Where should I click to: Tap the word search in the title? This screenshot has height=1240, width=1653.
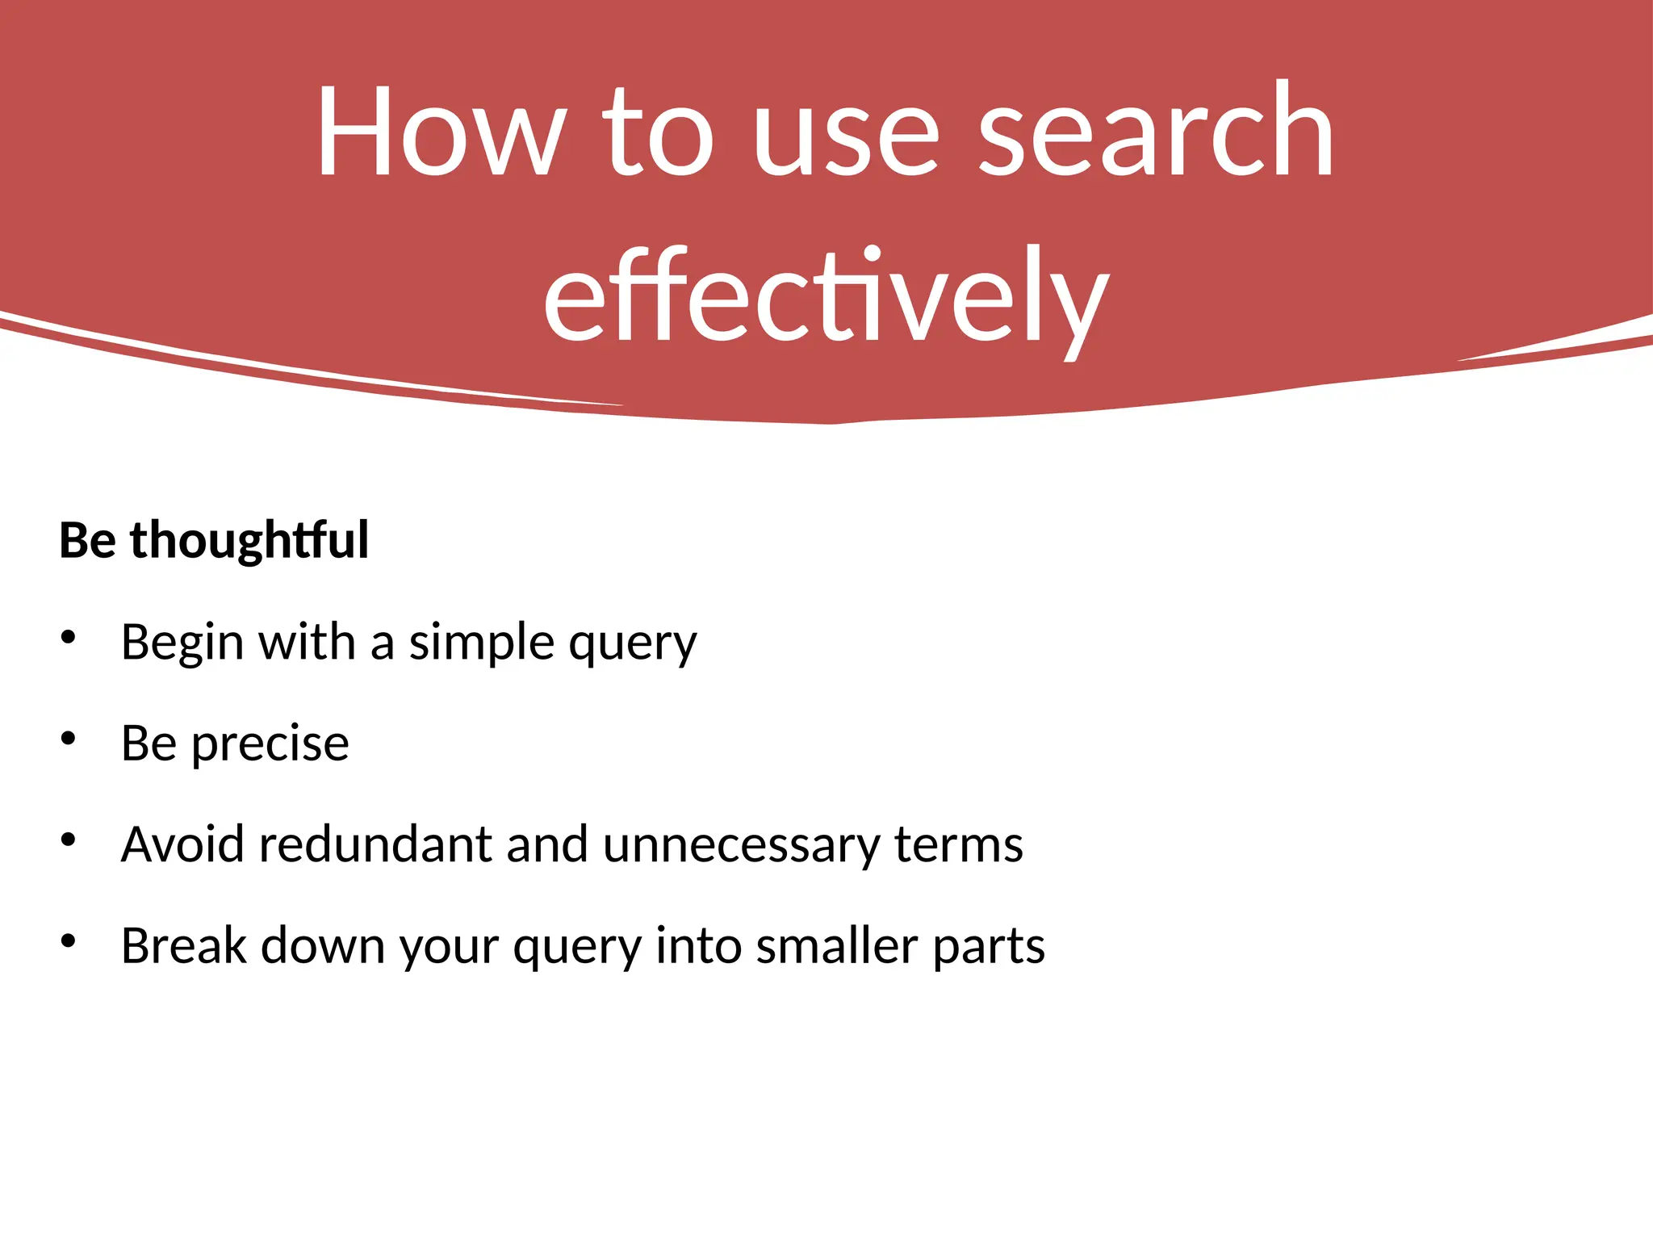click(1156, 131)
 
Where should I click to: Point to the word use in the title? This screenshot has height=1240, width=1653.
click(847, 131)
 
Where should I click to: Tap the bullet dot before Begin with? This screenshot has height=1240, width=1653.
click(69, 638)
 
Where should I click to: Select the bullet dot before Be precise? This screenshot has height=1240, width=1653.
click(69, 739)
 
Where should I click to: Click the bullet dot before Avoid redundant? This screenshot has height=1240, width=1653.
click(69, 840)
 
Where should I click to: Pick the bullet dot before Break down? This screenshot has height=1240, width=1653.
click(69, 941)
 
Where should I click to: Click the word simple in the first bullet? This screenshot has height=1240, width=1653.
click(481, 643)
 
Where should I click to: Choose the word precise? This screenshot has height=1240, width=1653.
click(270, 744)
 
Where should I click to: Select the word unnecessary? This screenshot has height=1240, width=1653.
click(741, 844)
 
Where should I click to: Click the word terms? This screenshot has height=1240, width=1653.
click(959, 844)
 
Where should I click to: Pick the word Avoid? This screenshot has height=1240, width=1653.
click(182, 844)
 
